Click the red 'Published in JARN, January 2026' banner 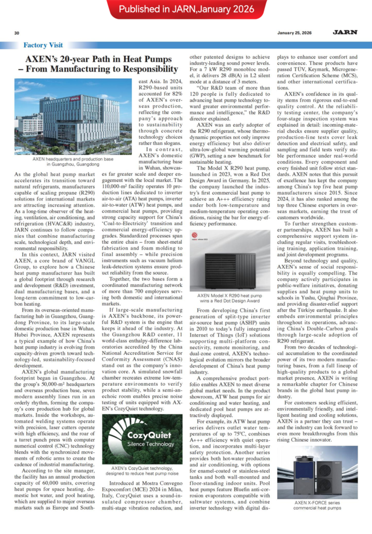pyautogui.click(x=186, y=9)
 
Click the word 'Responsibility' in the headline pyautogui.click(x=142, y=68)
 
